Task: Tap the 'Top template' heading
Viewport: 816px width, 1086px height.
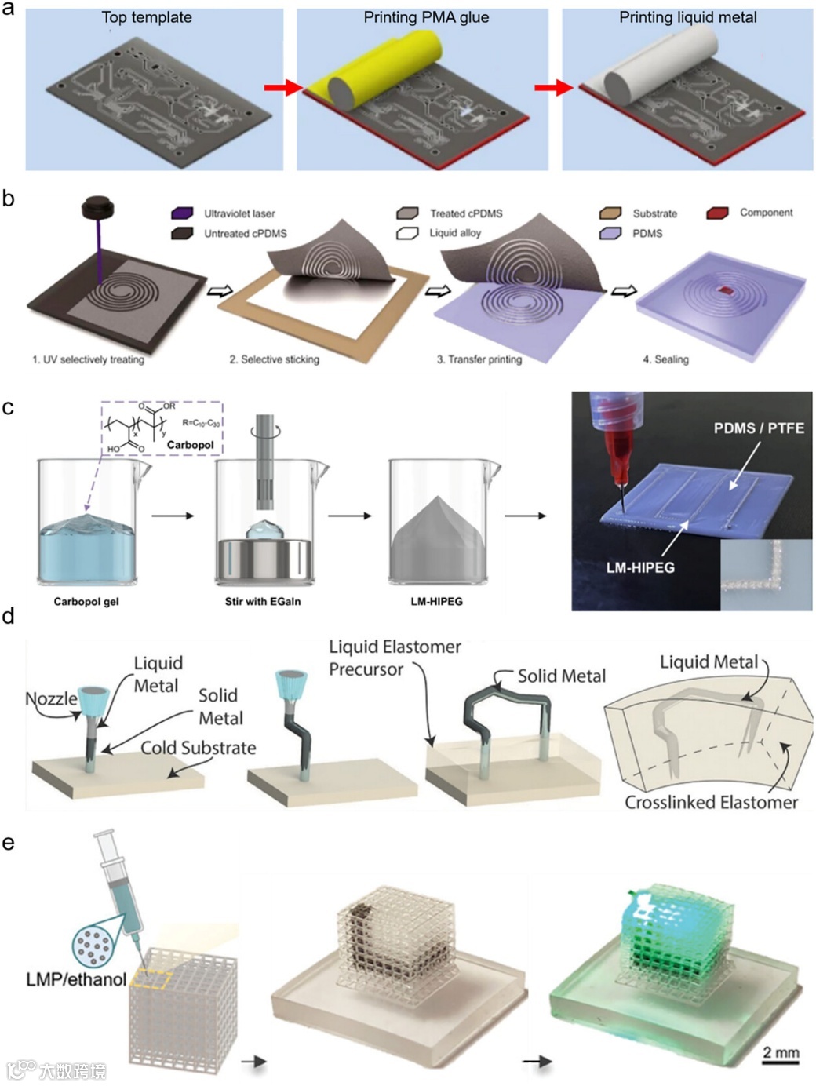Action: click(147, 17)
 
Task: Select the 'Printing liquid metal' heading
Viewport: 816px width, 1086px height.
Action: click(687, 17)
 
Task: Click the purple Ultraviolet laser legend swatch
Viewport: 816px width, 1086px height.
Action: click(182, 213)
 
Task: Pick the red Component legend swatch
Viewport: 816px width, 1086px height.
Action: click(717, 213)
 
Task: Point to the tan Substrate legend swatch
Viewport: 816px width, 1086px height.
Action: click(610, 213)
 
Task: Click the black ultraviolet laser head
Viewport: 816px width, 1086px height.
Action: click(98, 209)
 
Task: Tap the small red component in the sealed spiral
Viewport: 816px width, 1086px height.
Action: click(727, 291)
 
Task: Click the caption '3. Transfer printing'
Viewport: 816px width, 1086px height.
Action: click(479, 359)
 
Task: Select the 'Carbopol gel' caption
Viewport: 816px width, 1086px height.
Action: click(86, 602)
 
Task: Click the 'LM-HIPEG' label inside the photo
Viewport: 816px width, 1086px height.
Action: click(640, 567)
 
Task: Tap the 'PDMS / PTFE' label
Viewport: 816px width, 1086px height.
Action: click(759, 428)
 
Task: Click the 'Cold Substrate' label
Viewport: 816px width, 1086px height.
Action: click(198, 748)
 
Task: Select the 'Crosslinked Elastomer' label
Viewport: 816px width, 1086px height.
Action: click(711, 802)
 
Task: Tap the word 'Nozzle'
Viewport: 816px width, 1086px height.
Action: click(51, 698)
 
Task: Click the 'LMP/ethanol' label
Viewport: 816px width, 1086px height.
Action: click(76, 979)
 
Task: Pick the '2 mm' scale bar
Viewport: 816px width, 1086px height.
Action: click(781, 1056)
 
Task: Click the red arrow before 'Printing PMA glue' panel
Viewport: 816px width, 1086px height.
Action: click(282, 88)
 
